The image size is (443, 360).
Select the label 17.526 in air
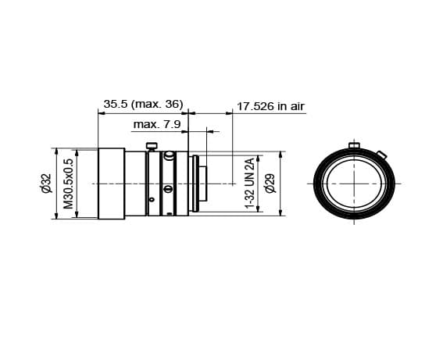click(270, 105)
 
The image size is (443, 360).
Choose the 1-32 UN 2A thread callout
click(250, 184)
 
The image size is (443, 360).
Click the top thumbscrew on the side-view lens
click(152, 145)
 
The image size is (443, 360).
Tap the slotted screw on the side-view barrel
click(167, 188)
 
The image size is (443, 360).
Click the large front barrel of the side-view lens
click(111, 184)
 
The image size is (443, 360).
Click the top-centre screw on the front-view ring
click(355, 145)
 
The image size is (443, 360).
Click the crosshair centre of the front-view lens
click(355, 184)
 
